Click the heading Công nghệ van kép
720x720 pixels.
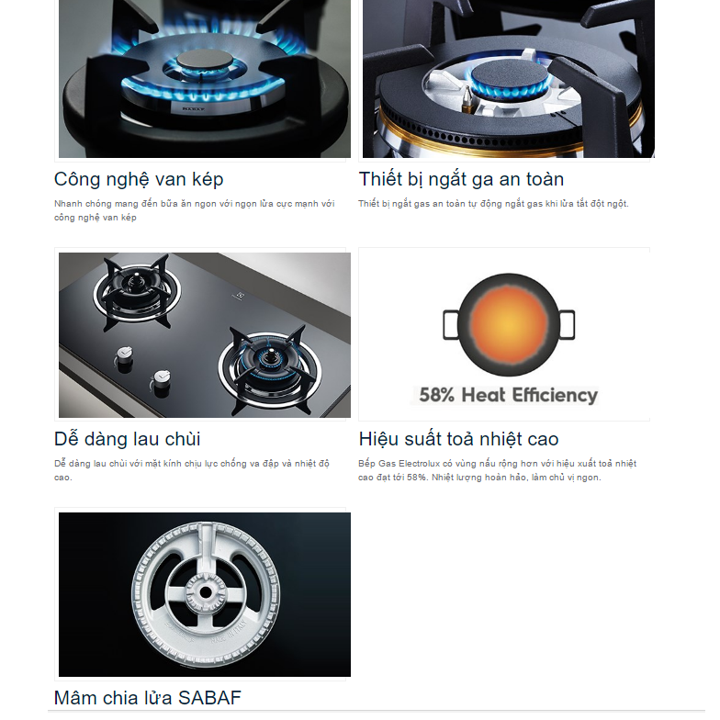coord(139,180)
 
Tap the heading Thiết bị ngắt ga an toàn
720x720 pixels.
coord(461,180)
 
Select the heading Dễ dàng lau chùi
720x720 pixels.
coord(127,439)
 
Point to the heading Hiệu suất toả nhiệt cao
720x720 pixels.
coord(459,439)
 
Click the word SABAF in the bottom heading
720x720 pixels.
coord(209,698)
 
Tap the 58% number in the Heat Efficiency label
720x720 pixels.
coord(437,395)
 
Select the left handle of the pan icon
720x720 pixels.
coord(450,325)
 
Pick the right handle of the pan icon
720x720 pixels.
coord(568,325)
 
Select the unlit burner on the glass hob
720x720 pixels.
coord(136,292)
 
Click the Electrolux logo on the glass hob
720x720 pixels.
coord(240,297)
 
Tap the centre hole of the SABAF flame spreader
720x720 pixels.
coord(206,592)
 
